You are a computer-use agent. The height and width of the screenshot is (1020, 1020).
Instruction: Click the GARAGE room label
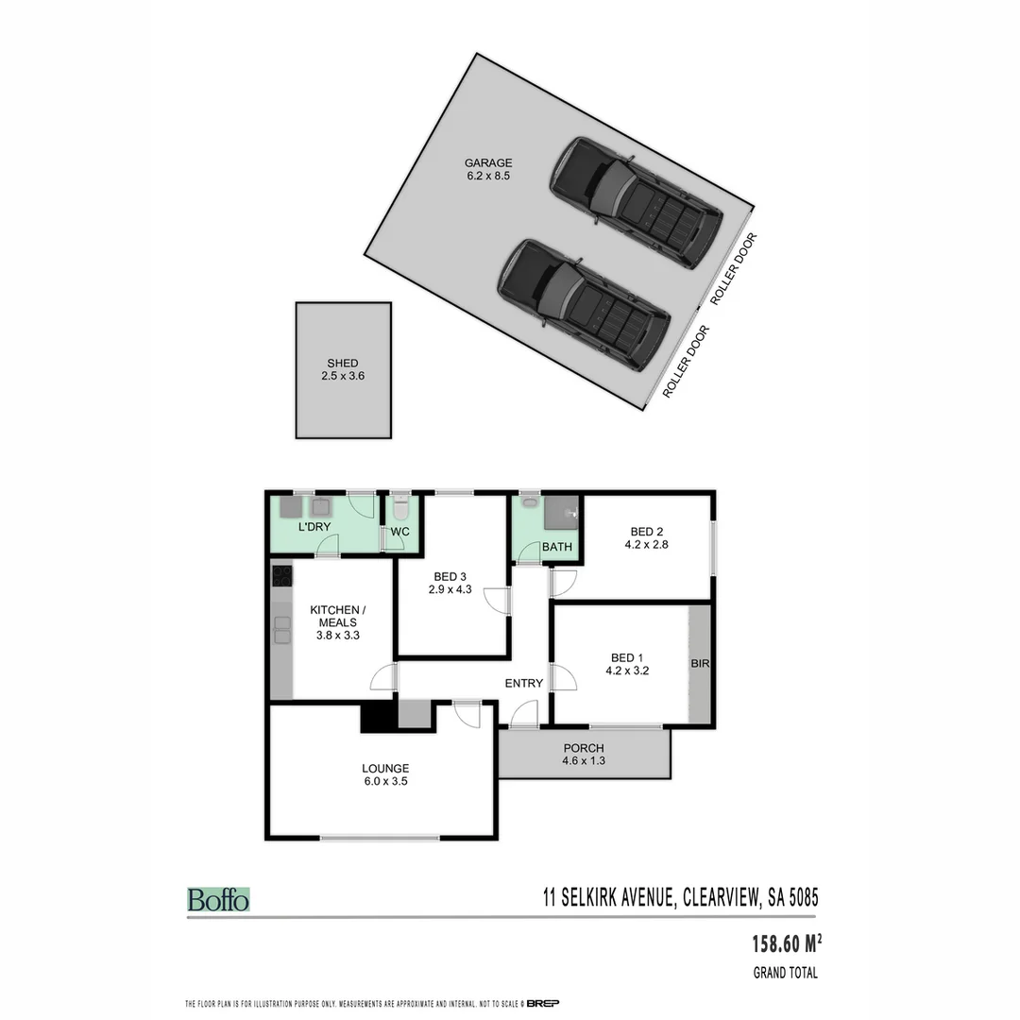(x=487, y=162)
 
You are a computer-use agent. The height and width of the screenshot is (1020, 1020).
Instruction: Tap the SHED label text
(x=343, y=363)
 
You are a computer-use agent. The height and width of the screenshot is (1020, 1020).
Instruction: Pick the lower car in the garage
(x=584, y=303)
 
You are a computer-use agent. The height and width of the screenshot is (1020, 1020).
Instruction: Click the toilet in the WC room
(x=400, y=510)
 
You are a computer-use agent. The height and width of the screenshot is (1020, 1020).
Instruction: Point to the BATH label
(x=557, y=547)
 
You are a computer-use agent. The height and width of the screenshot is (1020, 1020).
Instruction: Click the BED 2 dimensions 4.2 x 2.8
(x=647, y=544)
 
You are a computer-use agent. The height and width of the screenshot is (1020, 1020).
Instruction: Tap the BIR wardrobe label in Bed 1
(x=700, y=664)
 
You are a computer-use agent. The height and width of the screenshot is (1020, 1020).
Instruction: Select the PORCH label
(x=583, y=748)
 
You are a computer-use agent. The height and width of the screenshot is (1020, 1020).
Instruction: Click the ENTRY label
(x=524, y=683)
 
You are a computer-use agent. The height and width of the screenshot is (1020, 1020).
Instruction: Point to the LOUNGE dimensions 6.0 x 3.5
(x=385, y=781)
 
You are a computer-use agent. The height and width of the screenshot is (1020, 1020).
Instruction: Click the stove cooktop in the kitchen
(x=281, y=575)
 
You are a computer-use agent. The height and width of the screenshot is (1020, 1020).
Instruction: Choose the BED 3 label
(x=450, y=576)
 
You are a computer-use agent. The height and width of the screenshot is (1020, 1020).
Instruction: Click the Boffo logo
(x=218, y=899)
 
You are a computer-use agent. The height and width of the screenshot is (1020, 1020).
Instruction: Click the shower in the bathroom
(x=563, y=511)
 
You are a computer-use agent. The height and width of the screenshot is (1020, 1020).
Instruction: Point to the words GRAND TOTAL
(x=785, y=973)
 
